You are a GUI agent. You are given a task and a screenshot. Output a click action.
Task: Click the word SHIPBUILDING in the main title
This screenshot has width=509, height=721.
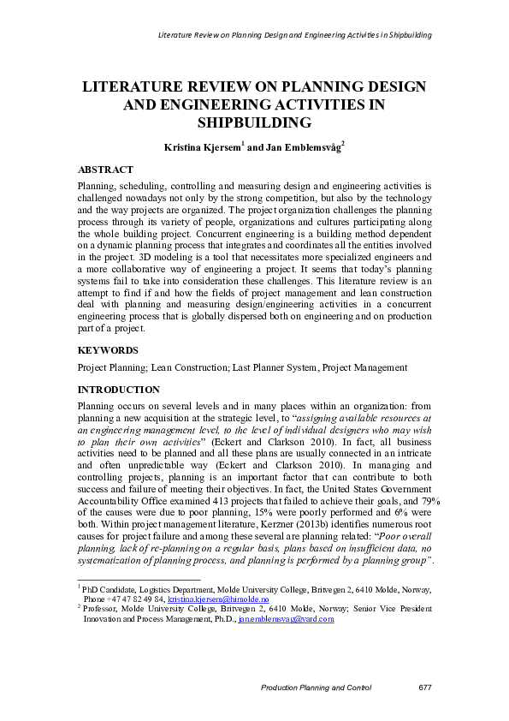[x=254, y=123]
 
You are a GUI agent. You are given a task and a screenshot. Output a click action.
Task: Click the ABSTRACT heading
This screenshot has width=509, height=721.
[x=105, y=170]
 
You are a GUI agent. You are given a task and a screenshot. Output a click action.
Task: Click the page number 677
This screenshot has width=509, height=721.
[x=424, y=688]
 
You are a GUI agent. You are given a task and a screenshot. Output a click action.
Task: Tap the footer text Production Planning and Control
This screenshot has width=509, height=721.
[x=316, y=688]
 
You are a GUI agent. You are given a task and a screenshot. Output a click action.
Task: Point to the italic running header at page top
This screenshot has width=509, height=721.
[x=295, y=35]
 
